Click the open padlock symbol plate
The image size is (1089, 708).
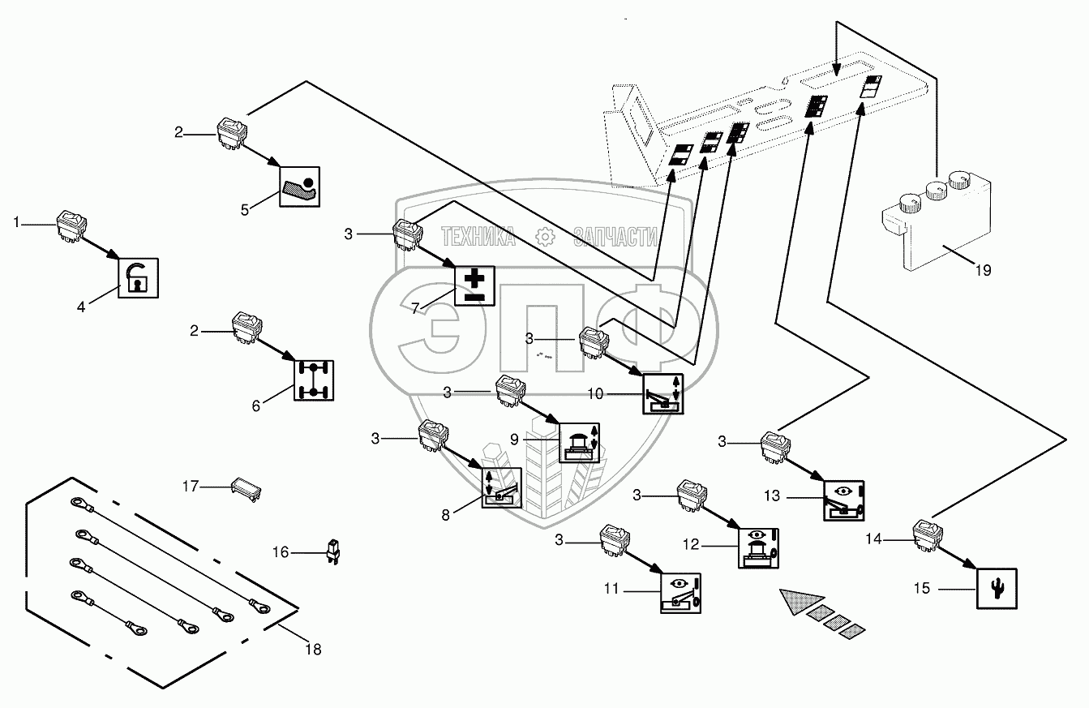point(139,278)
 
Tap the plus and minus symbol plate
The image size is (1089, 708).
point(474,286)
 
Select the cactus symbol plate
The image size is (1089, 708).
point(997,589)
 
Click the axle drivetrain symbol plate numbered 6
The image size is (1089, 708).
point(314,380)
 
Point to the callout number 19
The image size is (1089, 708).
point(983,270)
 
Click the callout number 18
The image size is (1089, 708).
point(313,649)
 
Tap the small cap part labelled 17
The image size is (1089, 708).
point(247,489)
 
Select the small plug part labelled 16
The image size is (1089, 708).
point(333,552)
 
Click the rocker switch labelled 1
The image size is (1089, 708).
point(72,225)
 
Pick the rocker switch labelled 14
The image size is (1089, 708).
point(928,536)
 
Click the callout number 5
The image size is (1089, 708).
point(245,210)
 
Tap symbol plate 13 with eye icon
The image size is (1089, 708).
point(843,501)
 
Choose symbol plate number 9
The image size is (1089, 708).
point(579,443)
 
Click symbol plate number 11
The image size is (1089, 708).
point(680,593)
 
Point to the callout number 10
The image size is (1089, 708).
point(595,394)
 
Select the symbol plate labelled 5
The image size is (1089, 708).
point(299,187)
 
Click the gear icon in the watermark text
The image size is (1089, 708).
point(545,237)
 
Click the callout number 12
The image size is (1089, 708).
point(690,545)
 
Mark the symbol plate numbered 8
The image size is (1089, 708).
point(502,487)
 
